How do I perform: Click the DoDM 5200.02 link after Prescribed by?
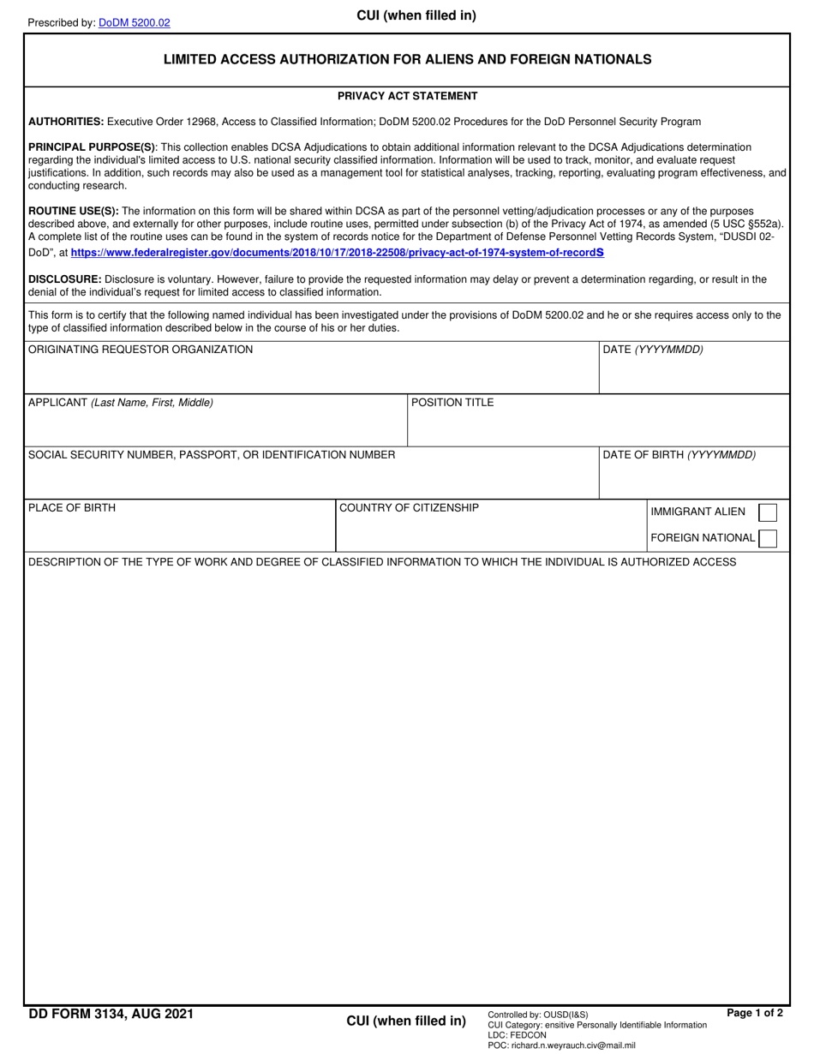134,23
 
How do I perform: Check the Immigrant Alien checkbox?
769,512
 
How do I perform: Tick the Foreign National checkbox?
769,538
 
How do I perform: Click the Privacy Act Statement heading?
407,96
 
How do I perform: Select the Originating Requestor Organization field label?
141,350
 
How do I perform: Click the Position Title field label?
452,403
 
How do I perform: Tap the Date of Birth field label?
679,455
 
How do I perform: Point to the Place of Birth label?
72,508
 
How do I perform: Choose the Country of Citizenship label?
409,508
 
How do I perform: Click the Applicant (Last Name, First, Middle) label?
121,403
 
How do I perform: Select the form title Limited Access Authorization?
407,59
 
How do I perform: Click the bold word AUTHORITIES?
66,122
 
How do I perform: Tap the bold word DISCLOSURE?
65,279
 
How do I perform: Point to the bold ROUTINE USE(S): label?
74,211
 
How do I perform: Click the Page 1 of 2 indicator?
754,1013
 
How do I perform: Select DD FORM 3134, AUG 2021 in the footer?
111,1015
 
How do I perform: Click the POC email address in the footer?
561,1045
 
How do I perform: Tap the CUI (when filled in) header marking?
416,15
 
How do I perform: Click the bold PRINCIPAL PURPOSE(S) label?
92,147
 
